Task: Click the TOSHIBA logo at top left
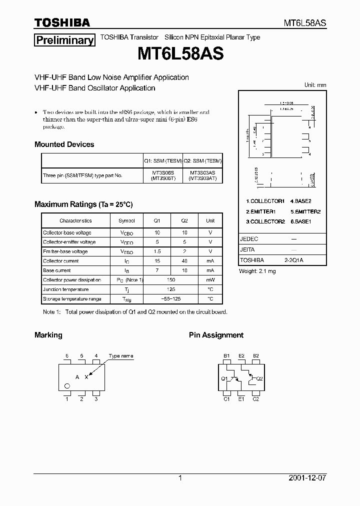coord(62,22)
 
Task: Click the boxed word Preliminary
coord(64,40)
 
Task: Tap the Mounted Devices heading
coord(64,144)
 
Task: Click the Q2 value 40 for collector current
coord(184,261)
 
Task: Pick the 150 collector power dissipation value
coord(170,280)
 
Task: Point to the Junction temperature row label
coord(65,289)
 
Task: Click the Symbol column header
coord(126,220)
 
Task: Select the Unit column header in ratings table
coord(210,220)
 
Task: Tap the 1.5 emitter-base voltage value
coord(157,251)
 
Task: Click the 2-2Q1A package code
coord(294,260)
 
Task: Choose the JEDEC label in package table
coord(249,239)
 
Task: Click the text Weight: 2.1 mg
coord(257,271)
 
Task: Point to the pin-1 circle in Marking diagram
coord(67,385)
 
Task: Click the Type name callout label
coord(121,356)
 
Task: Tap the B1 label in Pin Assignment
coord(226,356)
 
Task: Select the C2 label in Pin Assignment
coord(255,399)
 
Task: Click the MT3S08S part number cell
coord(162,172)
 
